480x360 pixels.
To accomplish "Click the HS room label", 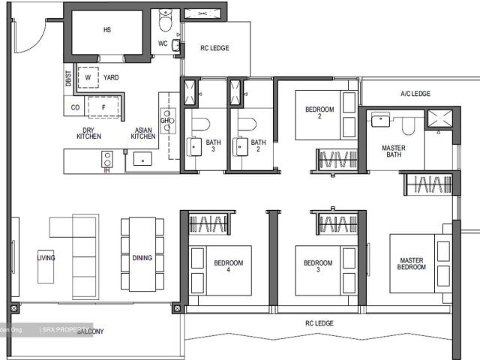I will (x=106, y=31).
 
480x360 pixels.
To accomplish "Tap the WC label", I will (x=163, y=43).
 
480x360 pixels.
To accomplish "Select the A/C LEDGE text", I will (x=415, y=94).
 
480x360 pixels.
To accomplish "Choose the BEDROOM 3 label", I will (x=318, y=266).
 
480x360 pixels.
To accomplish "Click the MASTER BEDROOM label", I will (x=412, y=263).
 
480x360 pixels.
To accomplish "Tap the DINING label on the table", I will (x=142, y=258).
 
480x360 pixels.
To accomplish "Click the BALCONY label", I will (x=89, y=331).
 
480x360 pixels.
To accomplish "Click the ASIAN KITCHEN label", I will (x=143, y=133).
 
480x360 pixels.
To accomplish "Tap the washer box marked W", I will (x=88, y=77).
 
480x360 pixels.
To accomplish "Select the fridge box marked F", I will (x=104, y=107).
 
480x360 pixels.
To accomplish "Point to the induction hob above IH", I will (x=107, y=159).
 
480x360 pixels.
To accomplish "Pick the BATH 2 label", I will (x=258, y=145).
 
